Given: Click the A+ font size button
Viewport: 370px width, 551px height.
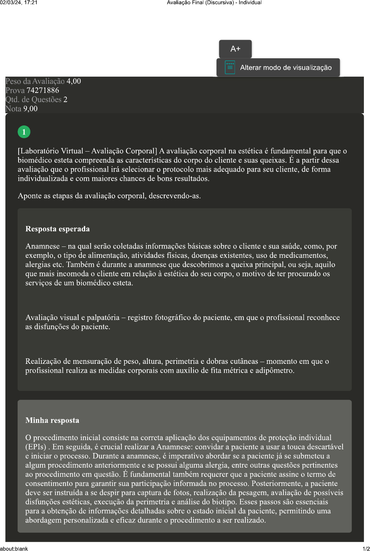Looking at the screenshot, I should pyautogui.click(x=235, y=49).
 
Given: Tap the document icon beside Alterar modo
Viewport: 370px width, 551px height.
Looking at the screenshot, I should pyautogui.click(x=230, y=67).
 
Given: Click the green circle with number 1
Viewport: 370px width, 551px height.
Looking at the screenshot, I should pyautogui.click(x=24, y=132).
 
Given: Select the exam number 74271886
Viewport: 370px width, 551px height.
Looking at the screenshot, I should pyautogui.click(x=43, y=91).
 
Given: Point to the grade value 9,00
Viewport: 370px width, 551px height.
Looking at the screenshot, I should pyautogui.click(x=31, y=109).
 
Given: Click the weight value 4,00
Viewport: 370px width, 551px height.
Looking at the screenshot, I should pyautogui.click(x=74, y=81).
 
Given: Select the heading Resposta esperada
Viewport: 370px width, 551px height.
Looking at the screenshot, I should pyautogui.click(x=57, y=229).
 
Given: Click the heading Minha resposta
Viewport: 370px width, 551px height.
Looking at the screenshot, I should pyautogui.click(x=52, y=420).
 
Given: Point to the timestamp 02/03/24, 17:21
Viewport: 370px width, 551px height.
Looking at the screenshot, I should pyautogui.click(x=19, y=3).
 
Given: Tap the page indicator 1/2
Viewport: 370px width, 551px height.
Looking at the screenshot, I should pyautogui.click(x=366, y=549).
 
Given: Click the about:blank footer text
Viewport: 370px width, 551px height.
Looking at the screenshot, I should pyautogui.click(x=14, y=549).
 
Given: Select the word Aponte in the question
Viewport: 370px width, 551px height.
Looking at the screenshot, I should pyautogui.click(x=30, y=196).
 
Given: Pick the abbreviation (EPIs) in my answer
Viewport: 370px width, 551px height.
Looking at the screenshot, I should pyautogui.click(x=36, y=447).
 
